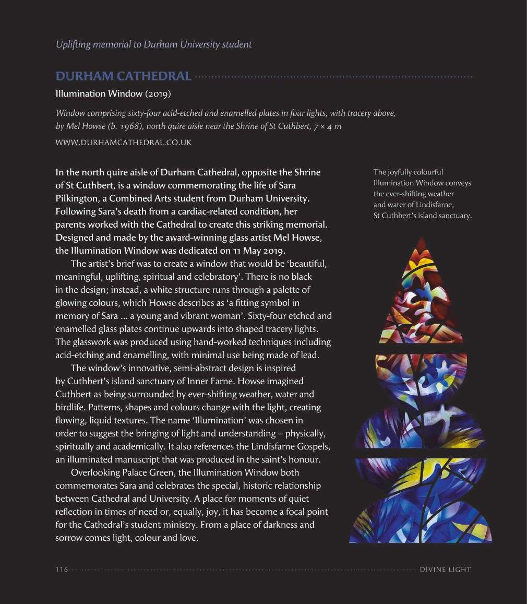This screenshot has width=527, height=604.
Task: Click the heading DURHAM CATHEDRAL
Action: click(x=123, y=76)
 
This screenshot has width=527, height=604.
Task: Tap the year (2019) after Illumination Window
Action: click(x=158, y=94)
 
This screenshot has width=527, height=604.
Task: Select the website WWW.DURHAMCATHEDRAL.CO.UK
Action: click(x=123, y=142)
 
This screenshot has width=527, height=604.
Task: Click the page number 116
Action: click(x=62, y=570)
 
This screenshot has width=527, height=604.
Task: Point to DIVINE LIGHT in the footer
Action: click(x=445, y=570)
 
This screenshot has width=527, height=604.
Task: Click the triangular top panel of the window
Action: click(x=420, y=298)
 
